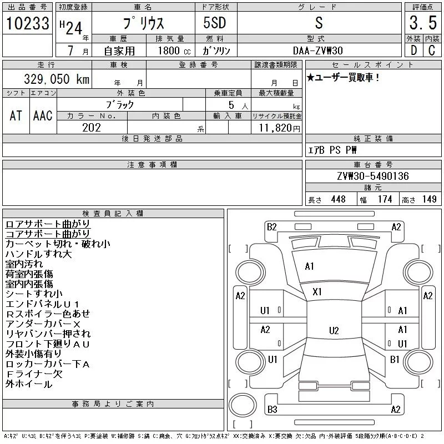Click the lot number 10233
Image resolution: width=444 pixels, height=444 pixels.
(x=27, y=23)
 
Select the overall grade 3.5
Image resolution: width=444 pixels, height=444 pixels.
(x=423, y=23)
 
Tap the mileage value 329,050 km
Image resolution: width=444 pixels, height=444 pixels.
(x=57, y=79)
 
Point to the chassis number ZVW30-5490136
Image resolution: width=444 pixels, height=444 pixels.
(x=373, y=176)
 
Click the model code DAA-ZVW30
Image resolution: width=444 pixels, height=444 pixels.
(x=317, y=51)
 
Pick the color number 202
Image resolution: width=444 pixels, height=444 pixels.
(x=92, y=128)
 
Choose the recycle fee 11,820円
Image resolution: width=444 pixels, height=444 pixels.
(x=279, y=128)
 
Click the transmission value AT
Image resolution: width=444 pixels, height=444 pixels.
(x=16, y=115)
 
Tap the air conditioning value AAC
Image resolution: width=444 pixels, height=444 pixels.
(x=43, y=115)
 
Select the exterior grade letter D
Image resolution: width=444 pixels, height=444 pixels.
(x=413, y=51)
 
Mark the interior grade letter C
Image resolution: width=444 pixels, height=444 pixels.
(x=432, y=51)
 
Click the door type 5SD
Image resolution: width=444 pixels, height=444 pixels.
(x=215, y=23)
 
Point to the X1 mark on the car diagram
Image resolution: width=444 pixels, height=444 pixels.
(x=317, y=292)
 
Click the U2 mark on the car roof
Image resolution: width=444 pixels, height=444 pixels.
(x=334, y=330)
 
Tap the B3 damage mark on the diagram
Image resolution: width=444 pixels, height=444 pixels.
(x=272, y=409)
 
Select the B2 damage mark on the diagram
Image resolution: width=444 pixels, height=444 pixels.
(x=271, y=227)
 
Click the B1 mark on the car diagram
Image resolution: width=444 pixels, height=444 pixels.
(x=395, y=359)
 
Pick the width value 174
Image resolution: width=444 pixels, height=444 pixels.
(x=385, y=199)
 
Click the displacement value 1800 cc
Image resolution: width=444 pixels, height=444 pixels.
(x=174, y=51)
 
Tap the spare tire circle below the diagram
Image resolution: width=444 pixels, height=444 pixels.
(x=243, y=405)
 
